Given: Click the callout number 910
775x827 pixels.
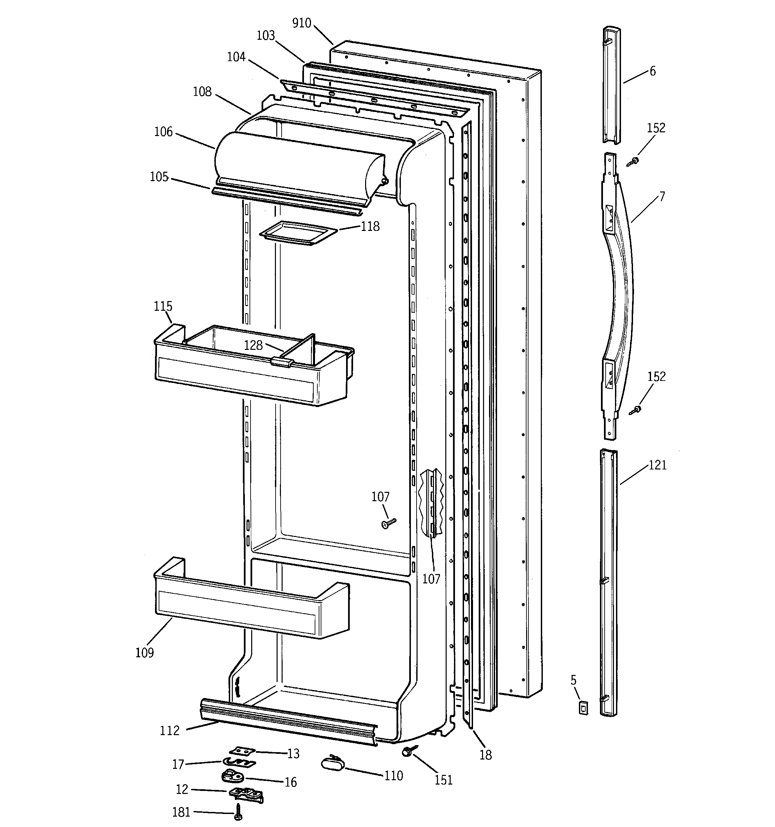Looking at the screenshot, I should (x=302, y=23).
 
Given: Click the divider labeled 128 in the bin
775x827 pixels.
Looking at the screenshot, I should (x=299, y=349).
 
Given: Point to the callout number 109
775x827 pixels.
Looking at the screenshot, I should (x=144, y=653).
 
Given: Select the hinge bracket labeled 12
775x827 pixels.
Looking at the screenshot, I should (x=246, y=794).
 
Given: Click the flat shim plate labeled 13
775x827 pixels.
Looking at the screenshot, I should (x=241, y=750).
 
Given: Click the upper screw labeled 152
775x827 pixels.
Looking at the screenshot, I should (x=633, y=161).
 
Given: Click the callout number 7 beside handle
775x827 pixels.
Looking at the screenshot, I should (x=662, y=196).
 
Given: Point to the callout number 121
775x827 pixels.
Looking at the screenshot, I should (x=658, y=465).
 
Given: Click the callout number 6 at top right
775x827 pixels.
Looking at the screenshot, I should (x=653, y=72).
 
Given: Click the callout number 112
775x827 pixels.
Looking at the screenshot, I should (x=170, y=730).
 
